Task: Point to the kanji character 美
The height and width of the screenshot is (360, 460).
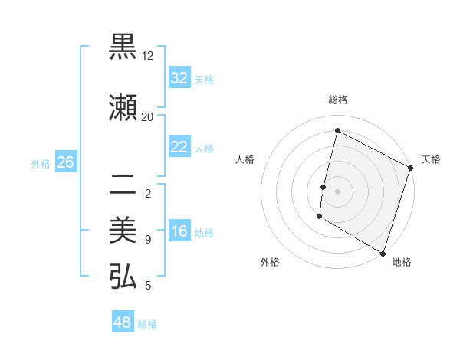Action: (123, 230)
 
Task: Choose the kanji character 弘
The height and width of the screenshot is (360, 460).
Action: (123, 276)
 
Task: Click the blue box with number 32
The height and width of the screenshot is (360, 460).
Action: (179, 77)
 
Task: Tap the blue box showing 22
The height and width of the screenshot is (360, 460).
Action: (179, 147)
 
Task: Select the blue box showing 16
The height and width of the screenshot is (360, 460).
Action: (179, 231)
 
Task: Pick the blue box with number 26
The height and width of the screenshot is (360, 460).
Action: (65, 162)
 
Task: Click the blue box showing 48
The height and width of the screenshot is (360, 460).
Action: (122, 322)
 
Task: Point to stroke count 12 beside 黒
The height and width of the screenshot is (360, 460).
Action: (147, 56)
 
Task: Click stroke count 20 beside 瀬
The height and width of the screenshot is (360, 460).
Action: (147, 116)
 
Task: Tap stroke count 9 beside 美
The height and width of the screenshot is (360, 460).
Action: (147, 240)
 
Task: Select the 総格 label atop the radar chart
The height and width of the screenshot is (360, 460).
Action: (337, 100)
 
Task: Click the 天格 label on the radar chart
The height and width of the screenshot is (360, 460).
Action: (431, 159)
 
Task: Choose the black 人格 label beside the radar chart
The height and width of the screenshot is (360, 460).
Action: (245, 159)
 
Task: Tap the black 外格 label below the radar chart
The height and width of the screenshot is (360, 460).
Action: (270, 262)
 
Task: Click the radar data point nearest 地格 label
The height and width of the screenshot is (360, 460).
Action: (383, 253)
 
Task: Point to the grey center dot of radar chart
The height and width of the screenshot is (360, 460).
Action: (337, 191)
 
